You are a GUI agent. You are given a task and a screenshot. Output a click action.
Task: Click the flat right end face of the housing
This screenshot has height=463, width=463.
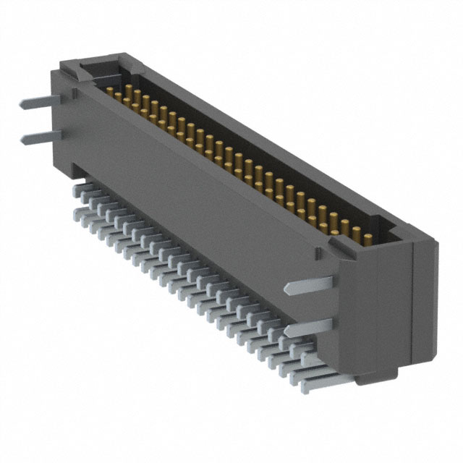tap(424, 304)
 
